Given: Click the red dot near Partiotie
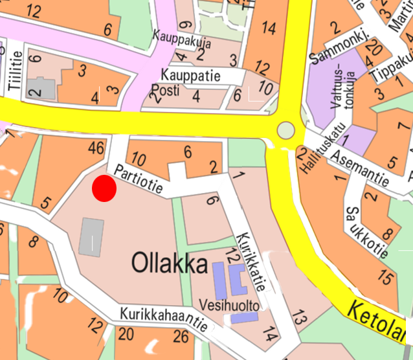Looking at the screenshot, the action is [104, 188].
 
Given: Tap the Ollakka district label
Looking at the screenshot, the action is [170, 264].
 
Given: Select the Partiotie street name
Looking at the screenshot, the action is [139, 177].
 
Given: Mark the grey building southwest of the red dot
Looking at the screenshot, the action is [91, 236].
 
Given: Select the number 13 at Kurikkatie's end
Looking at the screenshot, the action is [298, 318].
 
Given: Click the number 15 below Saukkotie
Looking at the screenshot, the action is [385, 279].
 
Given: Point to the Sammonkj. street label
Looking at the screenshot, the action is [339, 47].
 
